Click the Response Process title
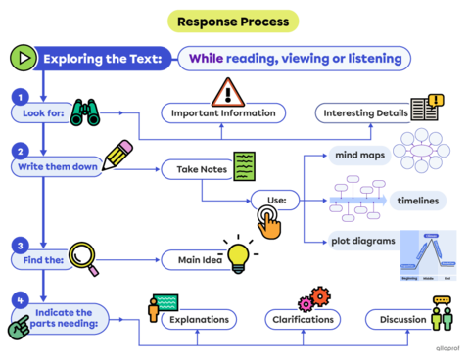coord(232,21)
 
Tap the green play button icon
coord(22,58)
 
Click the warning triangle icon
coord(228,91)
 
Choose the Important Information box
coord(223,113)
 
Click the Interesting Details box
coord(362,113)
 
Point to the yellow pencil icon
coord(114,155)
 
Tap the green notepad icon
coord(245,162)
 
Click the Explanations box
coord(200,319)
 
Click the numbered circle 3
coord(21,243)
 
